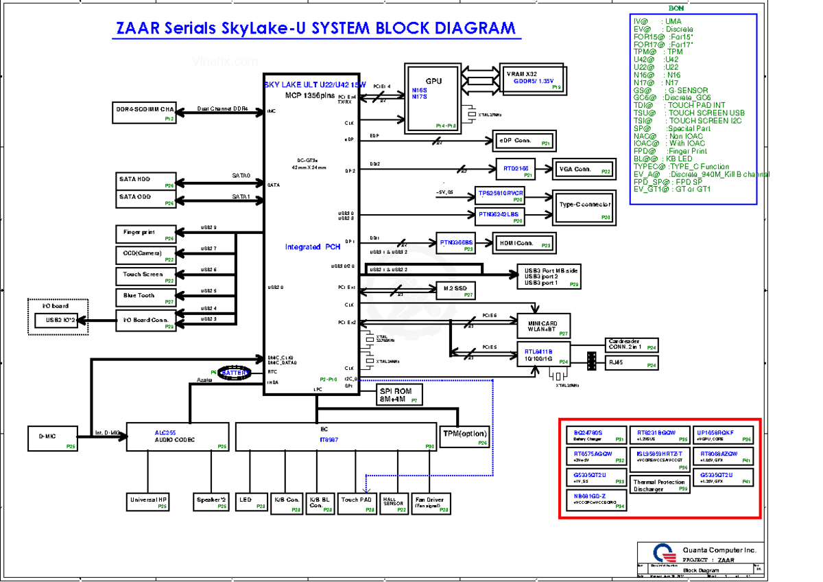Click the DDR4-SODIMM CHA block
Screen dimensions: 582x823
(145, 113)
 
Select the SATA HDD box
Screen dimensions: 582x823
(145, 182)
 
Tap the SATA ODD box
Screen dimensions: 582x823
(145, 200)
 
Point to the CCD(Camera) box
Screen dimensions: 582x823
(145, 255)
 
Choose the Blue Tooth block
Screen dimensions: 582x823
(145, 297)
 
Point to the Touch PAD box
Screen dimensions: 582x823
(357, 503)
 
